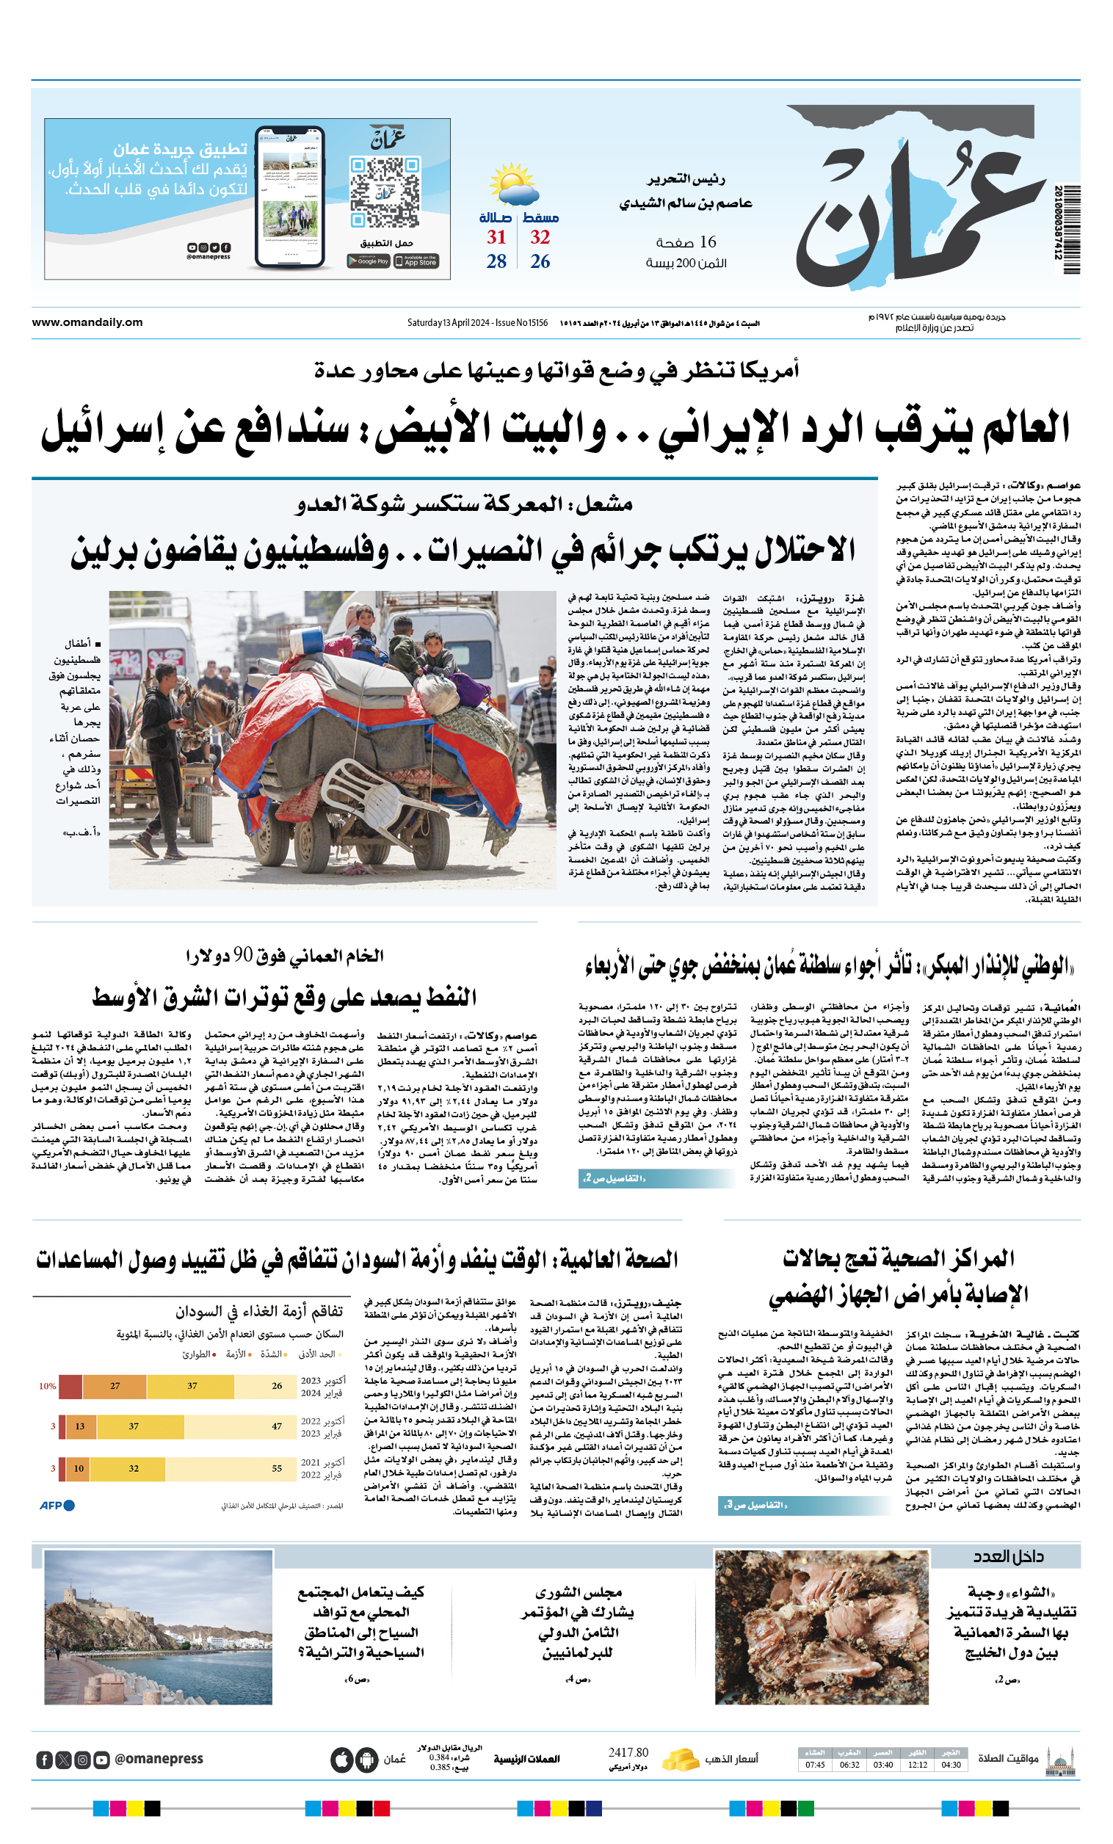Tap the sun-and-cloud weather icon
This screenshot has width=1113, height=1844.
[513, 184]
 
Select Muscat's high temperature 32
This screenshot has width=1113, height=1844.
[540, 237]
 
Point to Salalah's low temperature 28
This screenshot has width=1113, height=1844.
[496, 261]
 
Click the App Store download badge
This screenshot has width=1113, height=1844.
[416, 261]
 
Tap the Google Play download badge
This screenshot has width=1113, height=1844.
[369, 261]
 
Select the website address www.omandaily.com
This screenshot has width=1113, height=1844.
[87, 322]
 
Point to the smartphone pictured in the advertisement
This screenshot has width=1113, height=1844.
[289, 197]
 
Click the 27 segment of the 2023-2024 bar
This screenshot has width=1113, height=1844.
[115, 1386]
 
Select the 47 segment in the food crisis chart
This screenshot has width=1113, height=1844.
[276, 1426]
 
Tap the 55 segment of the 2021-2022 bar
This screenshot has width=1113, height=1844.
[276, 1468]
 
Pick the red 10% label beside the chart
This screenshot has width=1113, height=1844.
[47, 1386]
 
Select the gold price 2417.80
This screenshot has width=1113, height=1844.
[628, 1753]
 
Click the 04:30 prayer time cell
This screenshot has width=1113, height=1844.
[951, 1765]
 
